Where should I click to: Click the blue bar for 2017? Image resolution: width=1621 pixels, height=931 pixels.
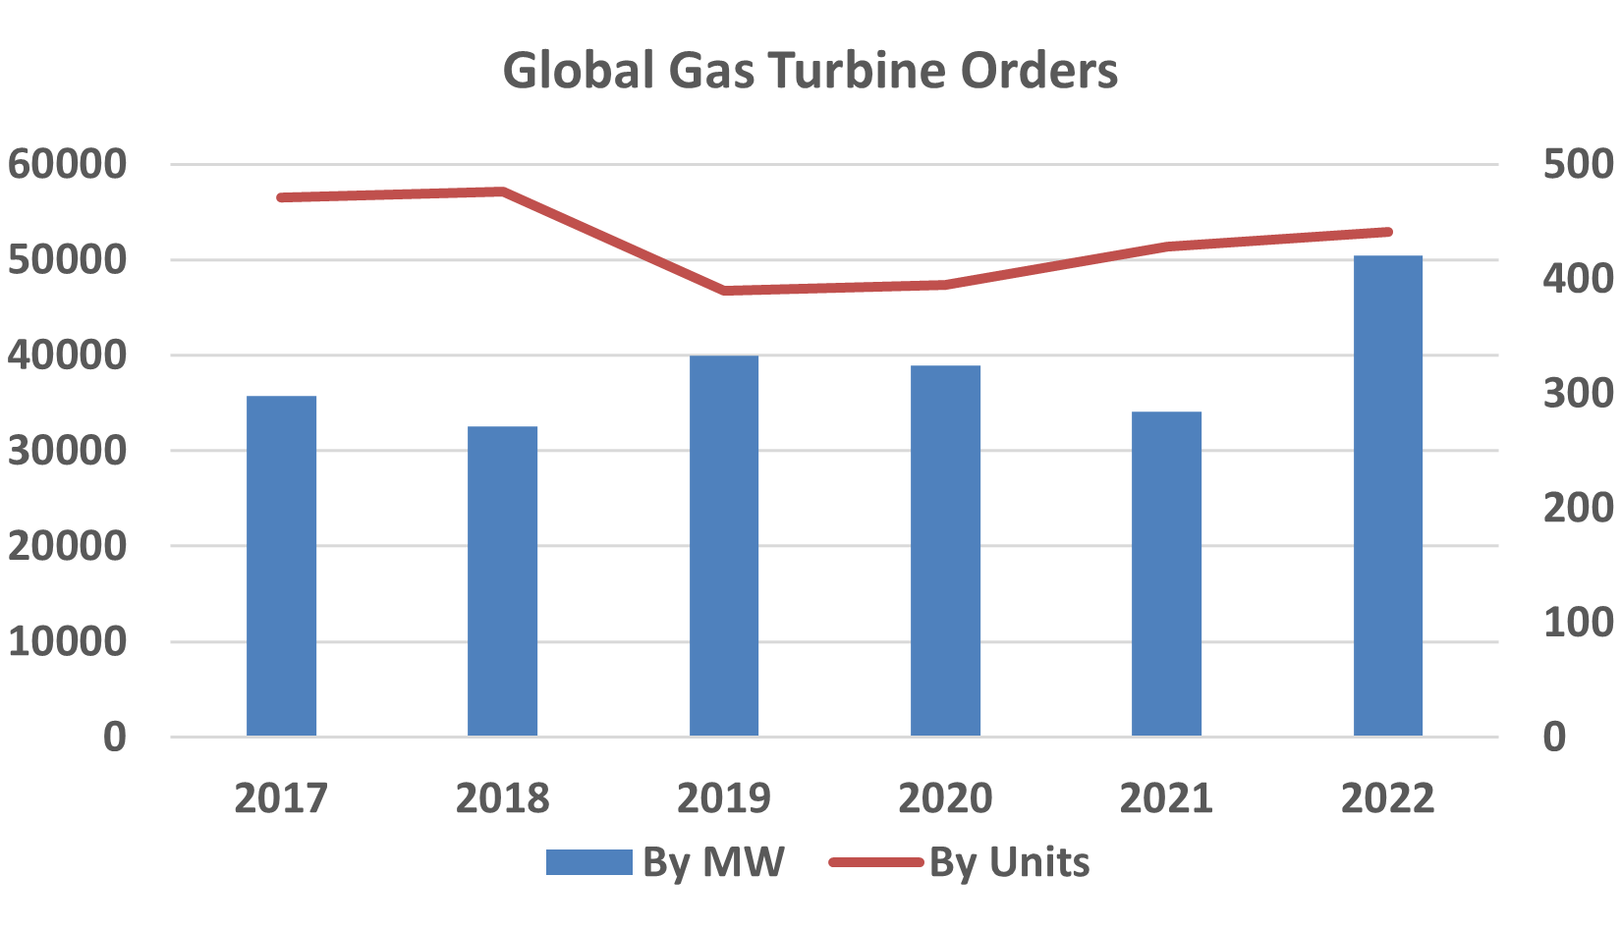tap(282, 566)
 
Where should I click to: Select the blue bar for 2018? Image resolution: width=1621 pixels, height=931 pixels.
tap(503, 580)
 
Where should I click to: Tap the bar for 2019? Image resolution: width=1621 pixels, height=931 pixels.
tap(724, 545)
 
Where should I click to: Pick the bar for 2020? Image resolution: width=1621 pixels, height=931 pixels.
tap(945, 550)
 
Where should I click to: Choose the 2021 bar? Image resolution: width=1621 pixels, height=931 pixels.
tap(1166, 574)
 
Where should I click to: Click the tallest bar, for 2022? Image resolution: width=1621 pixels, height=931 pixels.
tap(1388, 496)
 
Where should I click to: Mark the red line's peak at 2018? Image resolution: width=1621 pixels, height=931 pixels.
tap(503, 191)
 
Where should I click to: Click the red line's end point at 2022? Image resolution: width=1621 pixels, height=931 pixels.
tap(1388, 232)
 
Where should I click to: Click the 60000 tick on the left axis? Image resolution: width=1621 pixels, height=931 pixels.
tap(68, 164)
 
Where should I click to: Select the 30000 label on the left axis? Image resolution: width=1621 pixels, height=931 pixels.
tap(68, 451)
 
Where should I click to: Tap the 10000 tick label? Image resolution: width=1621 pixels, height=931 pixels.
tap(68, 641)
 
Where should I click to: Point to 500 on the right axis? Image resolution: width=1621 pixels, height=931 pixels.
tap(1578, 164)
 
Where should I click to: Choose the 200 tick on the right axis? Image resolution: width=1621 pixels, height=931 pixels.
tap(1578, 508)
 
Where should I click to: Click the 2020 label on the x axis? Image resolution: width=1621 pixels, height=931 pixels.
tap(945, 798)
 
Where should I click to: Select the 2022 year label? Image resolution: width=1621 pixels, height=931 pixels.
tap(1388, 798)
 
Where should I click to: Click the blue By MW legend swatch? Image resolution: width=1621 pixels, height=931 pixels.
tap(588, 862)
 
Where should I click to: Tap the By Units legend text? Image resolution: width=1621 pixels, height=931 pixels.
tap(1009, 862)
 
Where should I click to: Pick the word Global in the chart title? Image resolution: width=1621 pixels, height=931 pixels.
tap(579, 71)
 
